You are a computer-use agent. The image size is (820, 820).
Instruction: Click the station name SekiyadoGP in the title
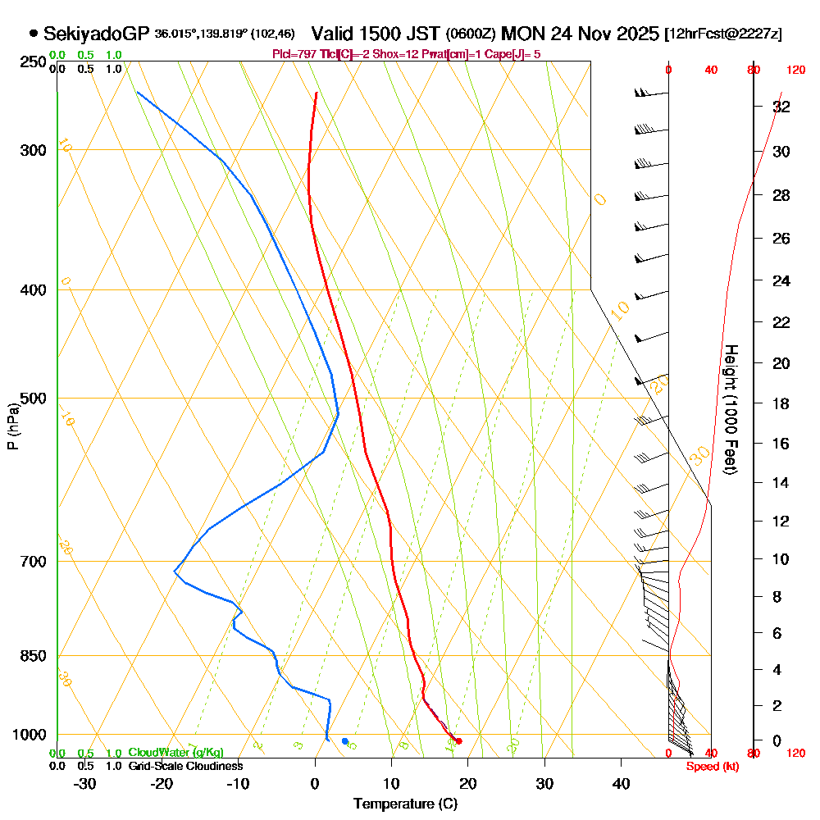96,34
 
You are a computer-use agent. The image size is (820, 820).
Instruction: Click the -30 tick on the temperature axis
85,784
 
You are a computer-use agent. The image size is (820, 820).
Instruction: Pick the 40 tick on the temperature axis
621,784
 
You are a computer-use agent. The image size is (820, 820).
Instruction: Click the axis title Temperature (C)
405,804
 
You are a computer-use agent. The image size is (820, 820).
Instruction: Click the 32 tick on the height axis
781,107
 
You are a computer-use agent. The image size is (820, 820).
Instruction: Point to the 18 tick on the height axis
781,403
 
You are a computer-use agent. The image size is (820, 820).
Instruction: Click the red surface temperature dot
458,741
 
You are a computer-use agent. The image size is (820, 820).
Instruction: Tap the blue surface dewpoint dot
345,741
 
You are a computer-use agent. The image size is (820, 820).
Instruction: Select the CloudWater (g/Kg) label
175,753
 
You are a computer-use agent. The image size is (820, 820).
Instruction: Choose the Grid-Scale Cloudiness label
184,766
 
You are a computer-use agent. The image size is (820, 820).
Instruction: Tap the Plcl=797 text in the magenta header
292,54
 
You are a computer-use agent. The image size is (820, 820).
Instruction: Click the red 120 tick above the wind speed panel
795,70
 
